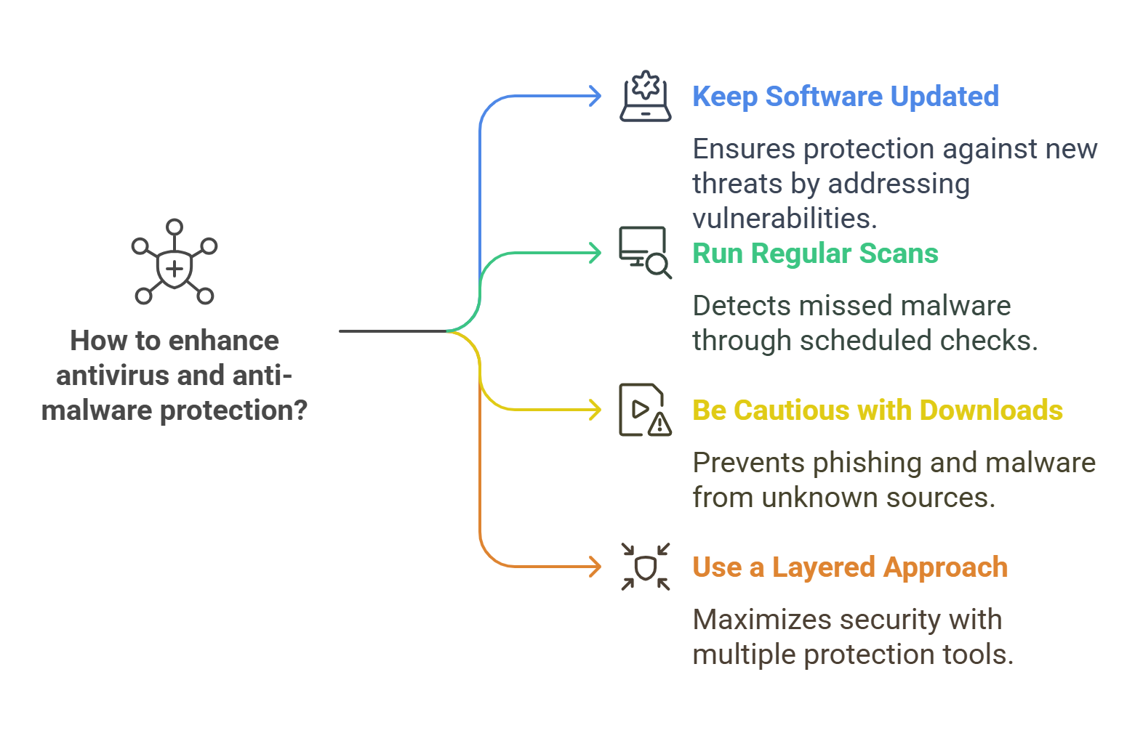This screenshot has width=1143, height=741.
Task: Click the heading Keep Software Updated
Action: (x=846, y=97)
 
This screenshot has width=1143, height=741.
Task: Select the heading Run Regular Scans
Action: (x=815, y=253)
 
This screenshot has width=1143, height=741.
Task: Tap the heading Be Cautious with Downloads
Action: (x=878, y=410)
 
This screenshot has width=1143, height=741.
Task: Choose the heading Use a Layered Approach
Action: (x=850, y=567)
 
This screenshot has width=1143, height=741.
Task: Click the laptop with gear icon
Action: (x=646, y=97)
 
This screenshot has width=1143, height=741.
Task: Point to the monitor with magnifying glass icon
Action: (x=646, y=253)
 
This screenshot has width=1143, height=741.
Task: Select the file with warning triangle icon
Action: (x=646, y=410)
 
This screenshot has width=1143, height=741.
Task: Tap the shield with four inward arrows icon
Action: (x=646, y=567)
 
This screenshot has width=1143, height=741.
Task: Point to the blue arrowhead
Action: (x=595, y=96)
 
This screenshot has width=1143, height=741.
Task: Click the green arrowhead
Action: (x=595, y=253)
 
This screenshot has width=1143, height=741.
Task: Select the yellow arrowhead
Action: (x=595, y=410)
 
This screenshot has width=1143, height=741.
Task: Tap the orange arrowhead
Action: (x=595, y=567)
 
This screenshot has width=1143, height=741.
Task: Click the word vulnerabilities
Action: (x=785, y=218)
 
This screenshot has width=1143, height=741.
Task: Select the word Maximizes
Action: (x=762, y=620)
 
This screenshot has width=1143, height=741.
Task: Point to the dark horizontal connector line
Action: (x=393, y=331)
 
